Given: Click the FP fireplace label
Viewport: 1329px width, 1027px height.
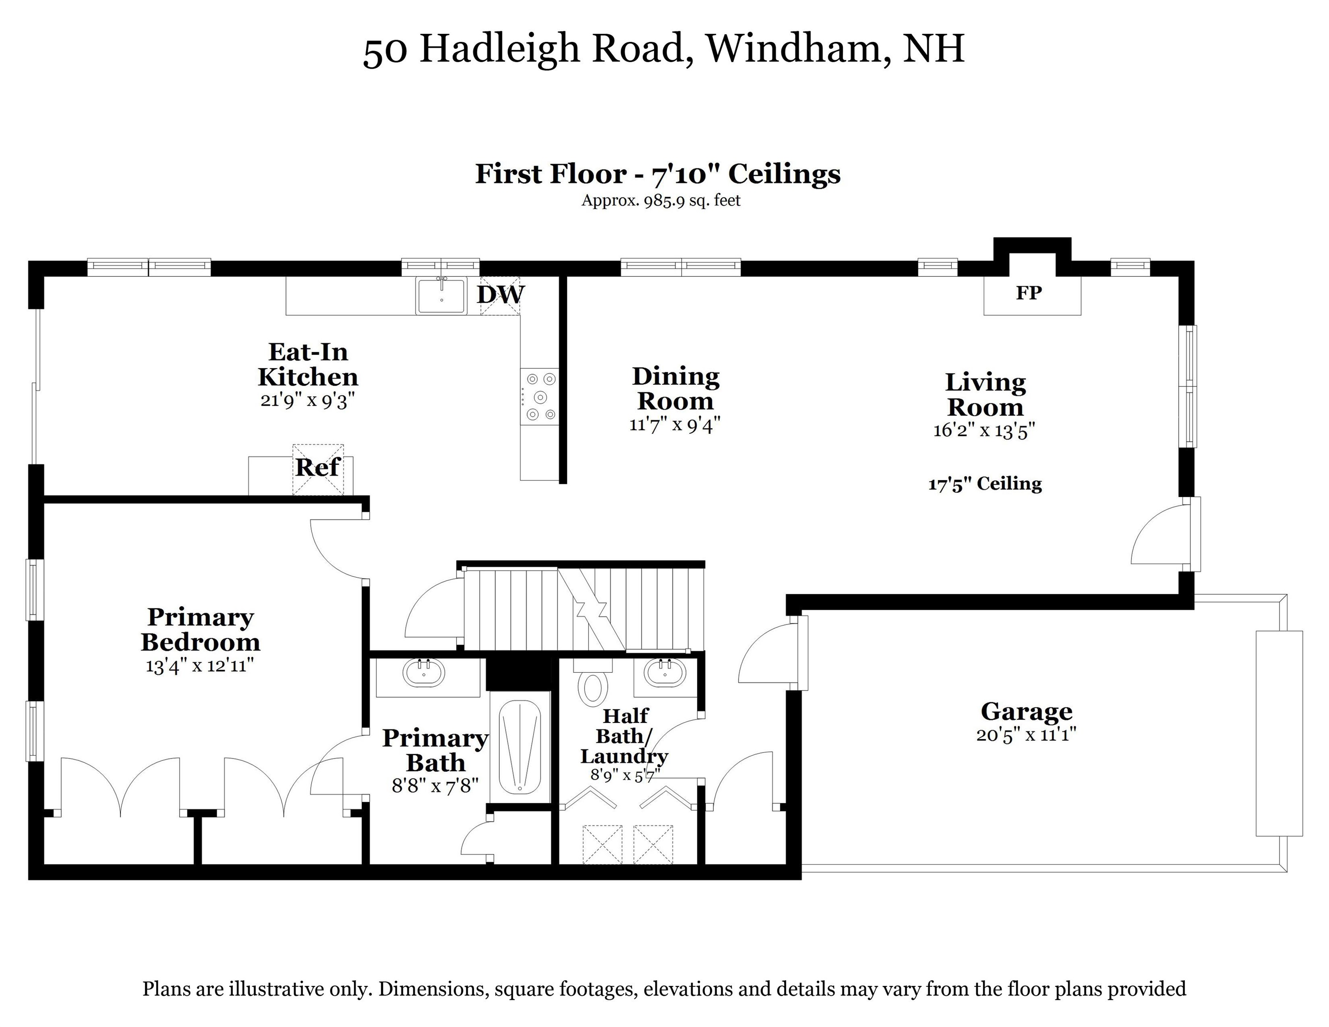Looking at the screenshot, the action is (1029, 293).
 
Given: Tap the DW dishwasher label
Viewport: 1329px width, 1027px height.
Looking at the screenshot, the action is (500, 295).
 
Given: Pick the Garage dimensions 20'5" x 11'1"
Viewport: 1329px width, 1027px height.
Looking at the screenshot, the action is (1026, 735).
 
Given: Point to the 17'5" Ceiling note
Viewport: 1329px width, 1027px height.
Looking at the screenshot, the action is (984, 484).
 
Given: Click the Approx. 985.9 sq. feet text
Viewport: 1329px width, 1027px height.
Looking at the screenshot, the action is (661, 200).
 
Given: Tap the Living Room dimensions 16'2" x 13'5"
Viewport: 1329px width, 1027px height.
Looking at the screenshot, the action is (984, 430).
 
